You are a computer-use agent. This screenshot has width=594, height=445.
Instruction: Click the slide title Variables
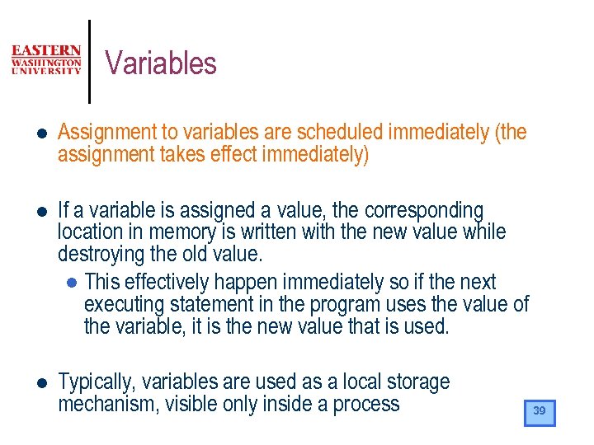[161, 63]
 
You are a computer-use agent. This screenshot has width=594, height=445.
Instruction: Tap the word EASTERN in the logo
[46, 50]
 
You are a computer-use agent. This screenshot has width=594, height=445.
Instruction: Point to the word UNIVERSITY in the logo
[46, 71]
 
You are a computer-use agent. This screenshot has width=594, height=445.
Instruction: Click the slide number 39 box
[540, 412]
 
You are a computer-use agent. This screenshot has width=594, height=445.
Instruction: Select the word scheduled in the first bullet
[340, 132]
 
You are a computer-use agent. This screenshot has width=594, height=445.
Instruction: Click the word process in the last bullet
[366, 405]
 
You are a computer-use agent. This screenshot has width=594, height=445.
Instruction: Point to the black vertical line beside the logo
[88, 62]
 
